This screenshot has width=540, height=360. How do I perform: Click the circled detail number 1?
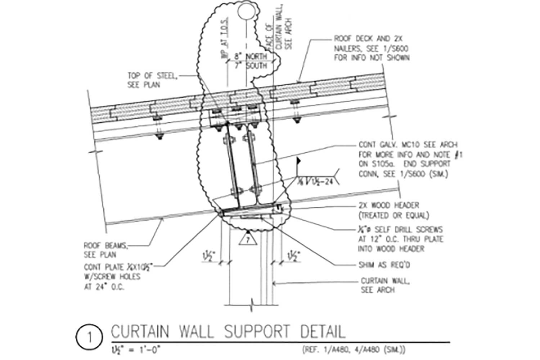(89, 339)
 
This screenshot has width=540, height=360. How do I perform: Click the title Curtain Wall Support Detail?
(228, 331)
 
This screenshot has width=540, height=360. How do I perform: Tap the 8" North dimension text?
(251, 57)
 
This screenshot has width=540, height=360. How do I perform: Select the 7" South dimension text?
(251, 66)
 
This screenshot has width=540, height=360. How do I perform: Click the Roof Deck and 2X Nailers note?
(371, 48)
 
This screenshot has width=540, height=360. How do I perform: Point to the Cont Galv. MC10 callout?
(408, 159)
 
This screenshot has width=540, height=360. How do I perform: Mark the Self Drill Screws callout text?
(400, 239)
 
